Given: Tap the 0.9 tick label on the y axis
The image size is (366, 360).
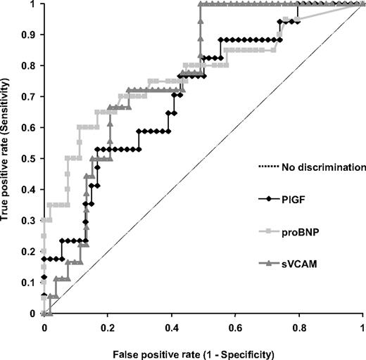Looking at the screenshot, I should pos(30,34).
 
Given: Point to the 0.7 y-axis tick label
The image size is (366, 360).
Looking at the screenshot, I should pos(30,96).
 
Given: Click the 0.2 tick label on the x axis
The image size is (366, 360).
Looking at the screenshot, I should pos(108,327).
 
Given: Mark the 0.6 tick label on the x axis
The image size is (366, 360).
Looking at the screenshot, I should pos(235,327).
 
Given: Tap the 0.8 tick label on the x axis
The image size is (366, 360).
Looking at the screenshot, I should pos(299,327).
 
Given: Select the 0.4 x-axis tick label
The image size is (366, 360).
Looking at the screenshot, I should pos(172,327).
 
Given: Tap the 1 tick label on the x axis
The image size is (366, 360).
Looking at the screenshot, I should pos(362,327).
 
